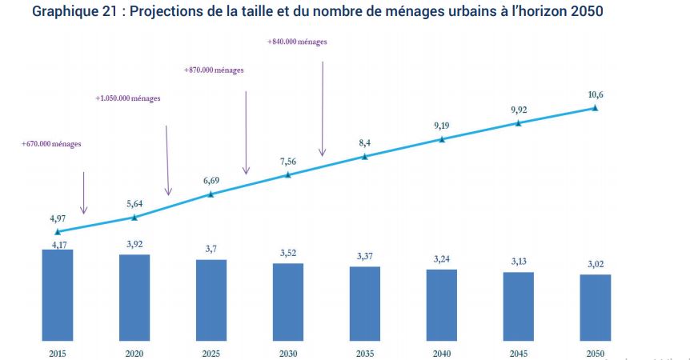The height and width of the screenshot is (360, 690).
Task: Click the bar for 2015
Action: point(58,294)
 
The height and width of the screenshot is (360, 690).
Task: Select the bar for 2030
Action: point(288,301)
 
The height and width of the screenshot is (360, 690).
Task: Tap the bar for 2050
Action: point(595,307)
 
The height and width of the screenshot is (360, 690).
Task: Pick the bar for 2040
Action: point(442,304)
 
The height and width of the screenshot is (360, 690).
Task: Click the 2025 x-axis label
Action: point(211,353)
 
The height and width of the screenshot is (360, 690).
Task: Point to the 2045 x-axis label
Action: point(519,353)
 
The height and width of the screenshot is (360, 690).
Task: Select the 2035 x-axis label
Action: point(365,353)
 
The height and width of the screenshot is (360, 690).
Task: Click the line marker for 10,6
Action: point(595,107)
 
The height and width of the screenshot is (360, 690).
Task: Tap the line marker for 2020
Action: point(134,217)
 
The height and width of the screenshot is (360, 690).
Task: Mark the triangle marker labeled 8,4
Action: point(365,156)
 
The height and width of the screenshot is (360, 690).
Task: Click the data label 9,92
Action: point(519,110)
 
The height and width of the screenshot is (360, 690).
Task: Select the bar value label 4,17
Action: point(58,240)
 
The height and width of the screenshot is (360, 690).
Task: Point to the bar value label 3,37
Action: point(365,257)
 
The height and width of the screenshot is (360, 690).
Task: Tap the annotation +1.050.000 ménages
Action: point(128,98)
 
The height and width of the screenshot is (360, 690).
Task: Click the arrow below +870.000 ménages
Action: point(247,132)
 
